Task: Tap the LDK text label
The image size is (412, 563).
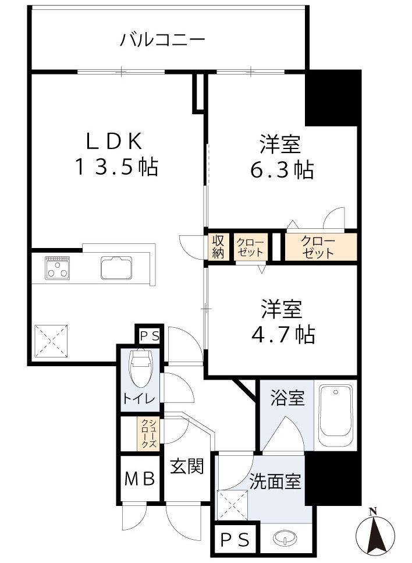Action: (115, 141)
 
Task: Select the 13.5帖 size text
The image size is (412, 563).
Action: (116, 168)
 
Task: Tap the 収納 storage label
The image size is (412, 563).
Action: (218, 247)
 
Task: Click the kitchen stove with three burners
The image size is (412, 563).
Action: (58, 267)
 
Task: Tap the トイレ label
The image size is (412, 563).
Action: (138, 399)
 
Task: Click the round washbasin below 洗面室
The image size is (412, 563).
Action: (283, 539)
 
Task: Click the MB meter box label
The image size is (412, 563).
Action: (140, 479)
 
